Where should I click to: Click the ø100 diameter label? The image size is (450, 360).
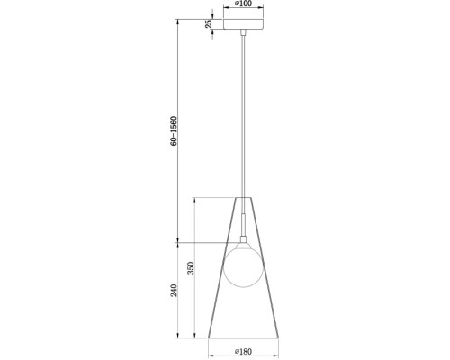click(x=243, y=4)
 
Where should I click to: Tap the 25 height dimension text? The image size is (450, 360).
click(x=209, y=24)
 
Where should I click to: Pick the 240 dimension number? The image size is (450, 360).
click(x=174, y=290)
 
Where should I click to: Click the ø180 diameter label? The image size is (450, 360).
click(x=243, y=352)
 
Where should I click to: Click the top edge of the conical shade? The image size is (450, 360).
click(x=243, y=197)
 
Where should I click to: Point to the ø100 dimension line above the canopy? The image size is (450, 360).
click(x=243, y=11)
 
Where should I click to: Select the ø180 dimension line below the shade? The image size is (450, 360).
click(x=243, y=346)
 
